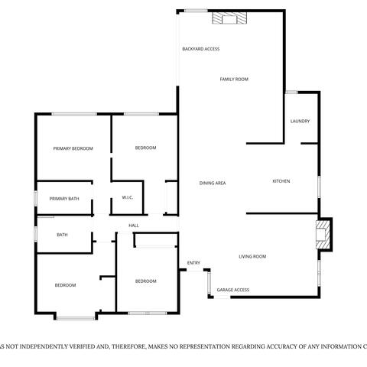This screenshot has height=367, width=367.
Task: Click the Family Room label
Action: click(234, 80)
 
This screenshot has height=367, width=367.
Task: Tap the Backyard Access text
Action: click(200, 49)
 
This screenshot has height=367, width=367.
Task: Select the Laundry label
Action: click(300, 122)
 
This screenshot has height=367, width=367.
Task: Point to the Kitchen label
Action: click(281, 181)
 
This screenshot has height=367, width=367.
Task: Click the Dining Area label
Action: click(212, 183)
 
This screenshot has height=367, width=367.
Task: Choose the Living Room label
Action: click(252, 257)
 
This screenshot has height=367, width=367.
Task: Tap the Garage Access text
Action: click(232, 291)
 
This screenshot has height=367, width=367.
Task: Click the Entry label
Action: click(193, 264)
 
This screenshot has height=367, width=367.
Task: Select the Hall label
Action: click(133, 226)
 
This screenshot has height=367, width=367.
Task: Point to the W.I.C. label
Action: click(128, 199)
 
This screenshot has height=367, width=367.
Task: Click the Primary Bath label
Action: click(64, 199)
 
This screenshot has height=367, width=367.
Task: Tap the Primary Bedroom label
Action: click(73, 148)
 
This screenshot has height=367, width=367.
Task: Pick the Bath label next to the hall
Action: click(62, 235)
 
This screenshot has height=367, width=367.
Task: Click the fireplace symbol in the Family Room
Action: click(229, 18)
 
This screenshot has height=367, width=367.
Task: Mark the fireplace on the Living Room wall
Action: click(325, 235)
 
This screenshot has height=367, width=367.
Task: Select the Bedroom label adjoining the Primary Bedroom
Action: click(145, 148)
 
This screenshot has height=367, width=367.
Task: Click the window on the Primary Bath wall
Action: click(35, 198)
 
